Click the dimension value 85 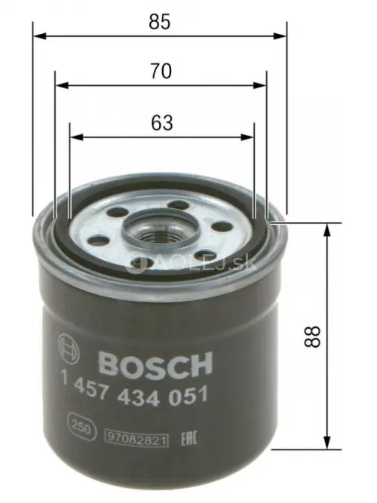click(159, 22)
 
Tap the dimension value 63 click(161, 122)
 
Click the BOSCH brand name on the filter click(155, 366)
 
